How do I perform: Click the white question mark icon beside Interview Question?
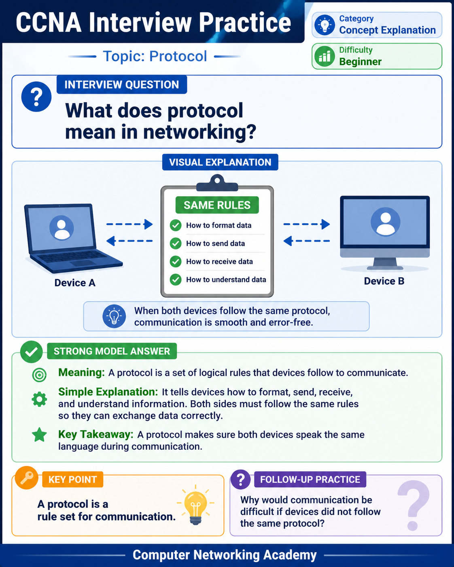coord(36,96)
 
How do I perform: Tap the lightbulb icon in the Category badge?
coord(325,25)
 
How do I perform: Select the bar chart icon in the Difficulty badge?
coord(325,56)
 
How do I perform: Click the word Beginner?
coord(360,61)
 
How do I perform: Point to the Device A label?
coord(75,283)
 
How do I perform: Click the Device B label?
coord(384,281)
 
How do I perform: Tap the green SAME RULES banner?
coord(217,205)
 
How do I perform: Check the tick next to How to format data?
coord(175,225)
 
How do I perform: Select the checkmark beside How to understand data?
coord(175,279)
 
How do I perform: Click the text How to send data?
coord(215,243)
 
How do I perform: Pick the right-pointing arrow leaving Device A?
coord(129,224)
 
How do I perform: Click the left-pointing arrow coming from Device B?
coord(306,241)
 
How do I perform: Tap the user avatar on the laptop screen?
coord(62,228)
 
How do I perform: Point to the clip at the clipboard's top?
coord(217,183)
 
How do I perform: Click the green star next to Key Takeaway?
coord(39,434)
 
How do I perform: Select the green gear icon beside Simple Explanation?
coord(39,400)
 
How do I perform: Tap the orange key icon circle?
coord(26,478)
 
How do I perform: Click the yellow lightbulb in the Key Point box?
coord(195,505)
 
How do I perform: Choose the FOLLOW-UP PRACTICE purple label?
coord(310,479)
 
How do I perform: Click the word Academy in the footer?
coord(290,555)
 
